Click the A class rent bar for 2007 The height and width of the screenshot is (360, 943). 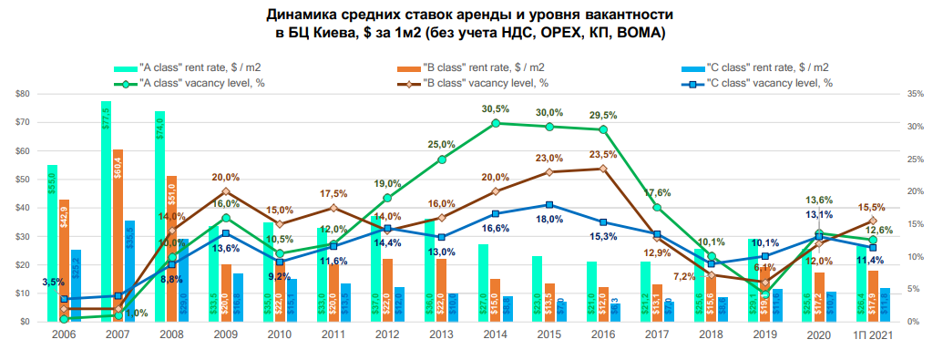click(106, 210)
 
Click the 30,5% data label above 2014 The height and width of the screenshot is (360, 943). click(495, 109)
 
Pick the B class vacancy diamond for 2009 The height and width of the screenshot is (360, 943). click(226, 191)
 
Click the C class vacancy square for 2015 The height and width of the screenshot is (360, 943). click(549, 205)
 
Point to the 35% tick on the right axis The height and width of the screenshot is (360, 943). click(915, 93)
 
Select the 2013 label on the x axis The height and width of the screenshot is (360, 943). click(441, 335)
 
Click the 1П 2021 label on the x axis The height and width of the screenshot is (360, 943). click(872, 335)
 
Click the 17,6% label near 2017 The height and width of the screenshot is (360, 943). click(656, 192)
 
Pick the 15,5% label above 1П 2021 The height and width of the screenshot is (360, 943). click(873, 207)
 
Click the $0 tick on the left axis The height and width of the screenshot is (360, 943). click(26, 322)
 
